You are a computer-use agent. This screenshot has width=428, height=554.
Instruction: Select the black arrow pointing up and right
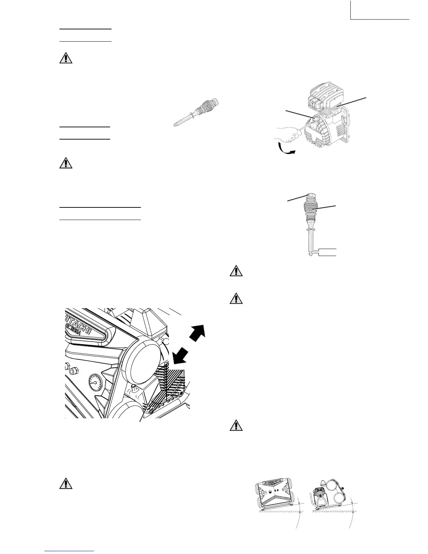pyautogui.click(x=197, y=334)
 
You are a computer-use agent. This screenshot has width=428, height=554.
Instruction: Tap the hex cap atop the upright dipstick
pyautogui.click(x=311, y=196)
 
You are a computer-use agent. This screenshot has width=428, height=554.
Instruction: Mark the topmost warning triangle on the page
pyautogui.click(x=66, y=58)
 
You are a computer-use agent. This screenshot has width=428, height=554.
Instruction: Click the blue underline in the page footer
pyautogui.click(x=70, y=551)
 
